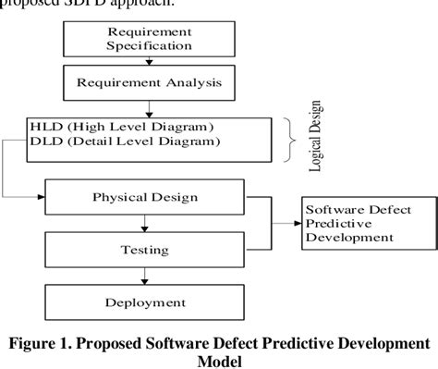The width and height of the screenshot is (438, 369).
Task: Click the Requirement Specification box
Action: point(150,38)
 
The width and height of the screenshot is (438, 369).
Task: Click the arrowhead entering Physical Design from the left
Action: point(41,197)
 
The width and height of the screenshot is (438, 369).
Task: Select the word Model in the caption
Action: point(218,362)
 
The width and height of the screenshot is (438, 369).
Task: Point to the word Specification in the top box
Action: point(150,44)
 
